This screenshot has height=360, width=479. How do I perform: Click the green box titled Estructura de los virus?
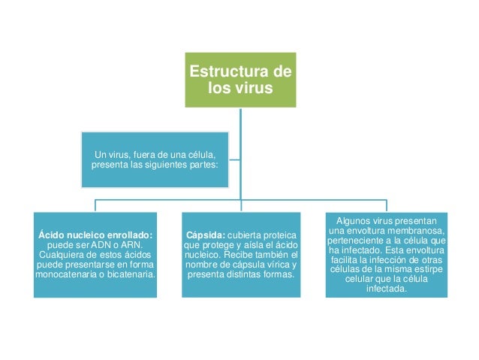tap(240, 80)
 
